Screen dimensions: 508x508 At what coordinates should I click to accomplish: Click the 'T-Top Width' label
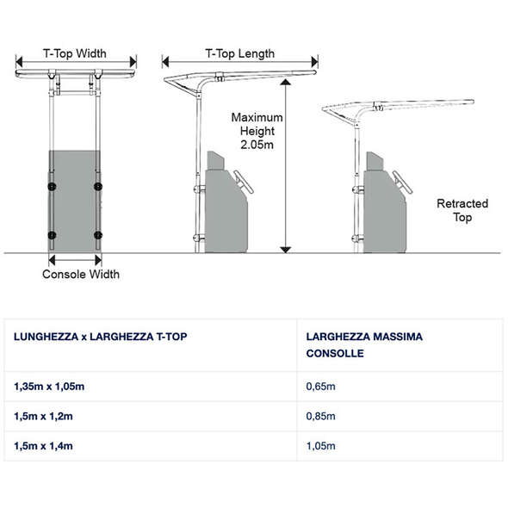tap(75, 53)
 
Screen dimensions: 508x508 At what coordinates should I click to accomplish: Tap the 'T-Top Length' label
tap(240, 53)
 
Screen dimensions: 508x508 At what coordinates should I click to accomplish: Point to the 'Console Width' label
tap(81, 274)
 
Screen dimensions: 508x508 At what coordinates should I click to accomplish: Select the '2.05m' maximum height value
tap(257, 145)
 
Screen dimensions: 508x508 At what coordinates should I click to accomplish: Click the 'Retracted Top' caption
tap(462, 210)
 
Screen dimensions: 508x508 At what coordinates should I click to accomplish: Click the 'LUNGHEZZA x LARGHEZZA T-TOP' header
tap(101, 337)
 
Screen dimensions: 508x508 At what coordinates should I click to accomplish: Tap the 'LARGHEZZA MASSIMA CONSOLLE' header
tap(364, 344)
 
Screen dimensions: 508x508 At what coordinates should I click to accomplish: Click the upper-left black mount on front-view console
tap(52, 186)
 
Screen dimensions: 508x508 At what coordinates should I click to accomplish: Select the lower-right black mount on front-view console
tap(98, 235)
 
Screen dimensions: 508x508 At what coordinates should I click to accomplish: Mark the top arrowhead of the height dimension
tap(285, 82)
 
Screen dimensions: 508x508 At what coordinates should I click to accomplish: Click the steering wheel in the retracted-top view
tap(403, 182)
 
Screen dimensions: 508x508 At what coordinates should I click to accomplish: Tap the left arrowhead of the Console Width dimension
tap(52, 260)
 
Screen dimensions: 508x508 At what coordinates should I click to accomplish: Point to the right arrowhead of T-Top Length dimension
tap(314, 61)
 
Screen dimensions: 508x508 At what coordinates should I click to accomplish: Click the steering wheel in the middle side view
tap(244, 182)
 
